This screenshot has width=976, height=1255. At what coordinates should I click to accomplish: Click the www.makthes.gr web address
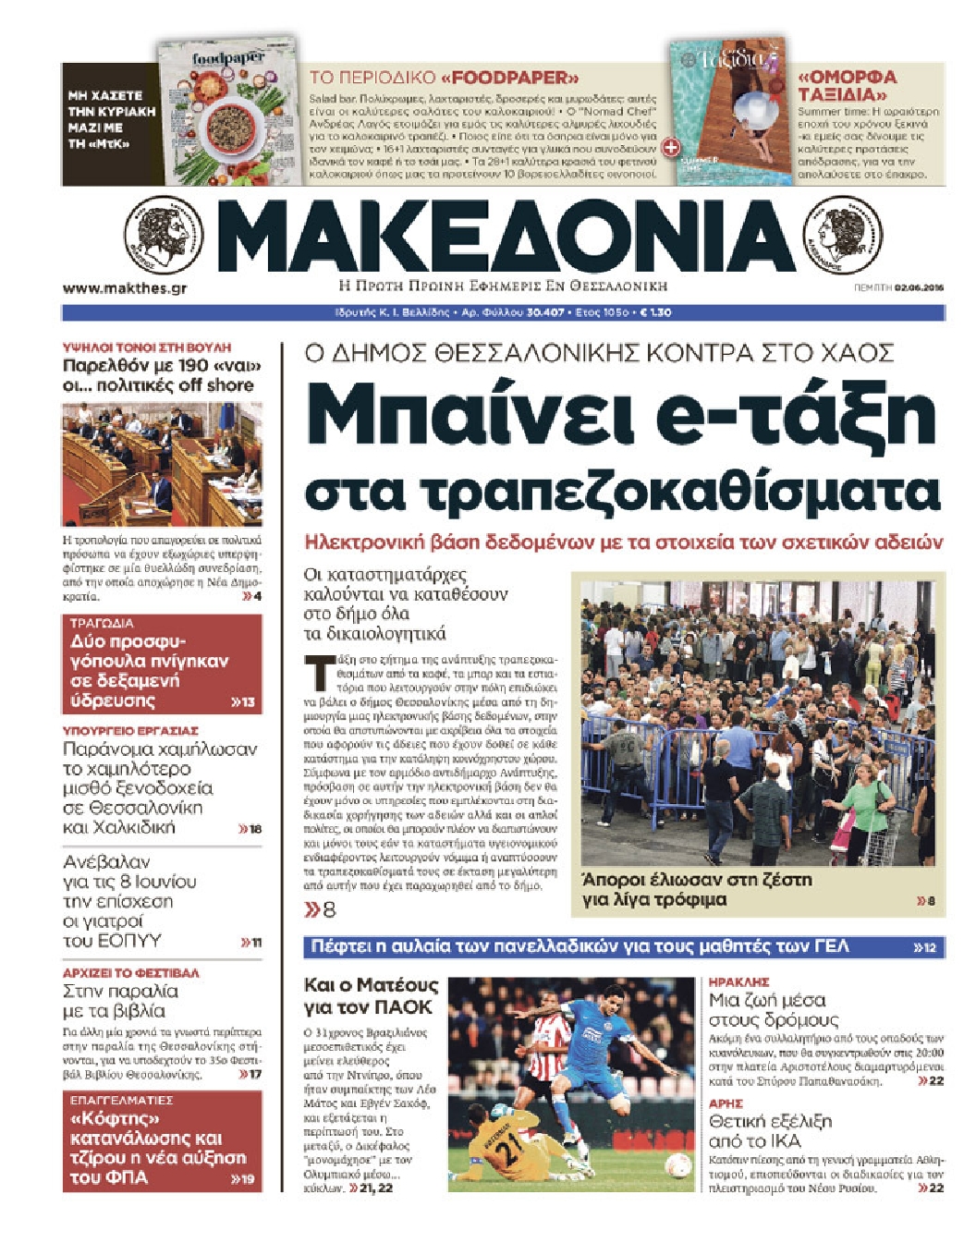[125, 288]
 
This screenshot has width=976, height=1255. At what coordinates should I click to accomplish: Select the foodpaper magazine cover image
[228, 113]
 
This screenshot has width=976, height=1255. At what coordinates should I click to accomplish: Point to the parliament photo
[162, 464]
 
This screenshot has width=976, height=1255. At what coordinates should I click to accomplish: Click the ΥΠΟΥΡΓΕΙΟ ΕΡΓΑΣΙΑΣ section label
[130, 730]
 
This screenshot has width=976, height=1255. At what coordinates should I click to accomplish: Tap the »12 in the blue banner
[923, 947]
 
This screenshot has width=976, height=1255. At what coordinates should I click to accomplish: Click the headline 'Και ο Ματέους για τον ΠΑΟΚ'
[371, 995]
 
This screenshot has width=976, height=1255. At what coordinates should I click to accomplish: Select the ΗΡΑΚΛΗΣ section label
[739, 981]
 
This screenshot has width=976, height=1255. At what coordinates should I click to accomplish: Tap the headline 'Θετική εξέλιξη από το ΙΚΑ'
[770, 1131]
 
